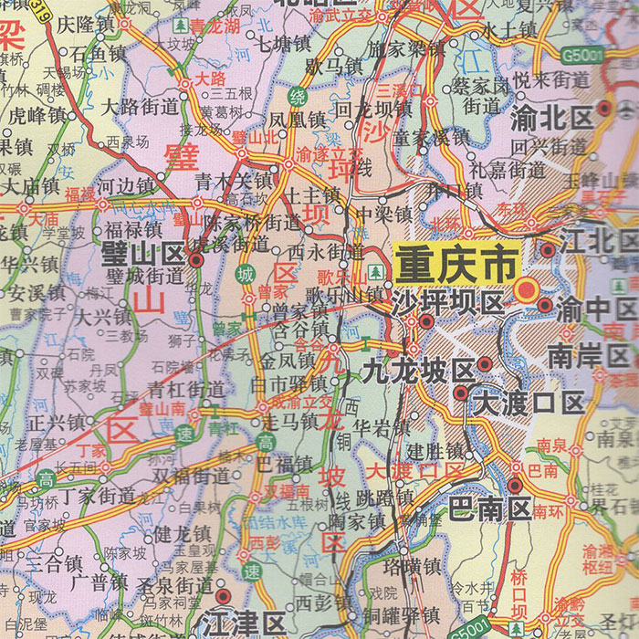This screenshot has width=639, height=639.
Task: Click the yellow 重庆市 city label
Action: click(x=456, y=265)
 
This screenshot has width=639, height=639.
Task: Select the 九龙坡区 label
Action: click(x=418, y=372)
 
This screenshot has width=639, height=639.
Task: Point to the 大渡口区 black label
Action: click(x=529, y=403)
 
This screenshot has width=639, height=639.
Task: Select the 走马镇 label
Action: click(x=289, y=422)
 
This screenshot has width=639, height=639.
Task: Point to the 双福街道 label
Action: click(x=191, y=475)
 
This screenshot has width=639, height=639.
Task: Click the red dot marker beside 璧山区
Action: click(x=196, y=259)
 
